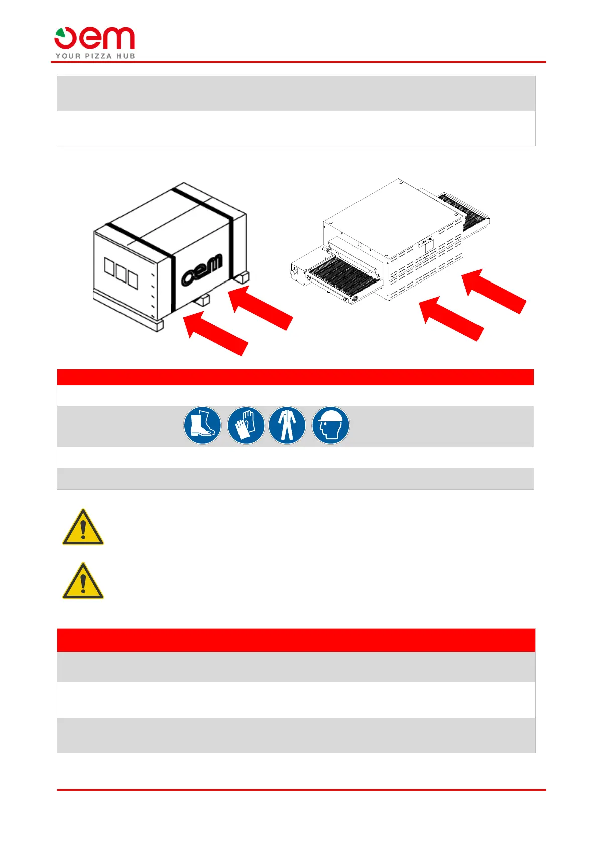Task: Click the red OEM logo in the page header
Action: point(94,38)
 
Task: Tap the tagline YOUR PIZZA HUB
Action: point(95,56)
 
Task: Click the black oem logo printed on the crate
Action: point(202,270)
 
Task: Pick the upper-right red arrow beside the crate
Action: point(260,307)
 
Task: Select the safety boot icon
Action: point(202,426)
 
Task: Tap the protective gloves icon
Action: point(246,426)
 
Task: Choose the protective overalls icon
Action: point(287,426)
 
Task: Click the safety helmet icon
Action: point(331,426)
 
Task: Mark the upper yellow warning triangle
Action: point(83,528)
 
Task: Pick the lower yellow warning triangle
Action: point(83,582)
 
